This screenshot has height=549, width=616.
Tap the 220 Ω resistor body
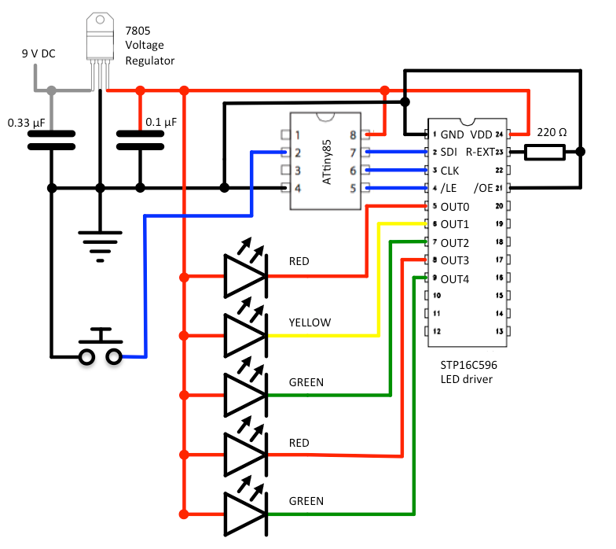(544, 152)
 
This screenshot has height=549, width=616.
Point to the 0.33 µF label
(26, 123)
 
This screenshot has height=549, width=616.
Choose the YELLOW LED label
(310, 322)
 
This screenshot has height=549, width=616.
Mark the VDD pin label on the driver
(481, 134)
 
